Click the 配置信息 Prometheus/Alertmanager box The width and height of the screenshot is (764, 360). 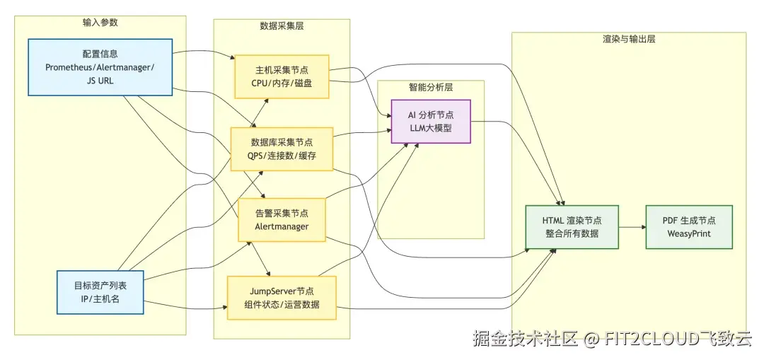point(100,67)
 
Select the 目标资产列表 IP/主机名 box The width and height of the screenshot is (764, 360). point(100,292)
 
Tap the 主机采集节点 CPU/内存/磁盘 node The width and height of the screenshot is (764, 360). point(282,76)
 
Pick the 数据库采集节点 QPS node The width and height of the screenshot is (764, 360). point(282,149)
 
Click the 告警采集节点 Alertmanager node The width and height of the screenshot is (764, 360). point(282,219)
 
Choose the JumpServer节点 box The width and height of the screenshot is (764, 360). point(281,298)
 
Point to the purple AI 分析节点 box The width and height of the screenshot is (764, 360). point(431,121)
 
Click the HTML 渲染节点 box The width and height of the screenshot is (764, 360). point(572,227)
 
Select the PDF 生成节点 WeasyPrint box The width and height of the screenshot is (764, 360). point(688,227)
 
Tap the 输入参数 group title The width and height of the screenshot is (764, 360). point(100,23)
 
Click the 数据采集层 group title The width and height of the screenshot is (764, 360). point(282,26)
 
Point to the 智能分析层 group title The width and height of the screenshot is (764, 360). point(430,88)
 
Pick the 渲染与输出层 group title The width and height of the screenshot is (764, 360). point(628,39)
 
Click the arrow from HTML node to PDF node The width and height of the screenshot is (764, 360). point(632,227)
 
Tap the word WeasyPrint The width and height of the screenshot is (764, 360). point(688,233)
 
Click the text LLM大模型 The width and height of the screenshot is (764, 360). point(431,128)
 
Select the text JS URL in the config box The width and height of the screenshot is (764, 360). point(100,81)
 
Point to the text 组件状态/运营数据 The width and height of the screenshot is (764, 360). point(281,305)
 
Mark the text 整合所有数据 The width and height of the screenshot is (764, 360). point(572,233)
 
